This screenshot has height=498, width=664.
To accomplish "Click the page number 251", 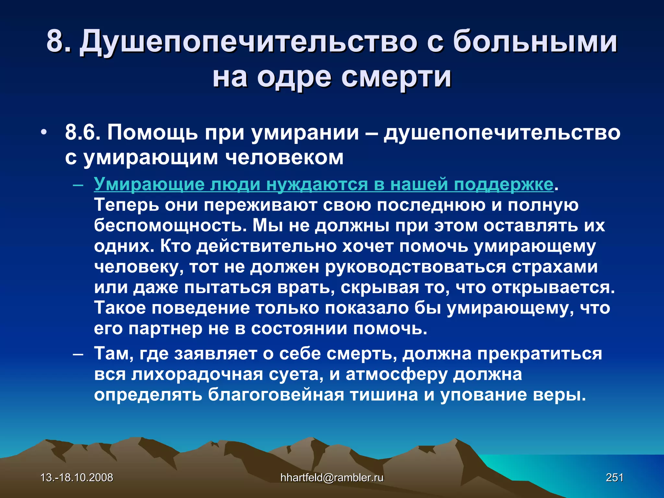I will point(614,478).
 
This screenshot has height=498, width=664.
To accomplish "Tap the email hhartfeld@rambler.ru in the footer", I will point(332,478).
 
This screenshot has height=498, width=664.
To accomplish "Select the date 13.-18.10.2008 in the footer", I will point(77,478).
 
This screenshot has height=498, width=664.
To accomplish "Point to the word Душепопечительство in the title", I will point(248,41).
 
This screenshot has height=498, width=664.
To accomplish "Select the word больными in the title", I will point(535,41).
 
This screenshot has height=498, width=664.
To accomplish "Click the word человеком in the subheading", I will point(284,158).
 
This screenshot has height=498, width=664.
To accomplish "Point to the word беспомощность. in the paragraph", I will point(170,226).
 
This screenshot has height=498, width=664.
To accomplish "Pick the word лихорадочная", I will point(197,374).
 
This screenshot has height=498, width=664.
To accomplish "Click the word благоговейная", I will point(276,395).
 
